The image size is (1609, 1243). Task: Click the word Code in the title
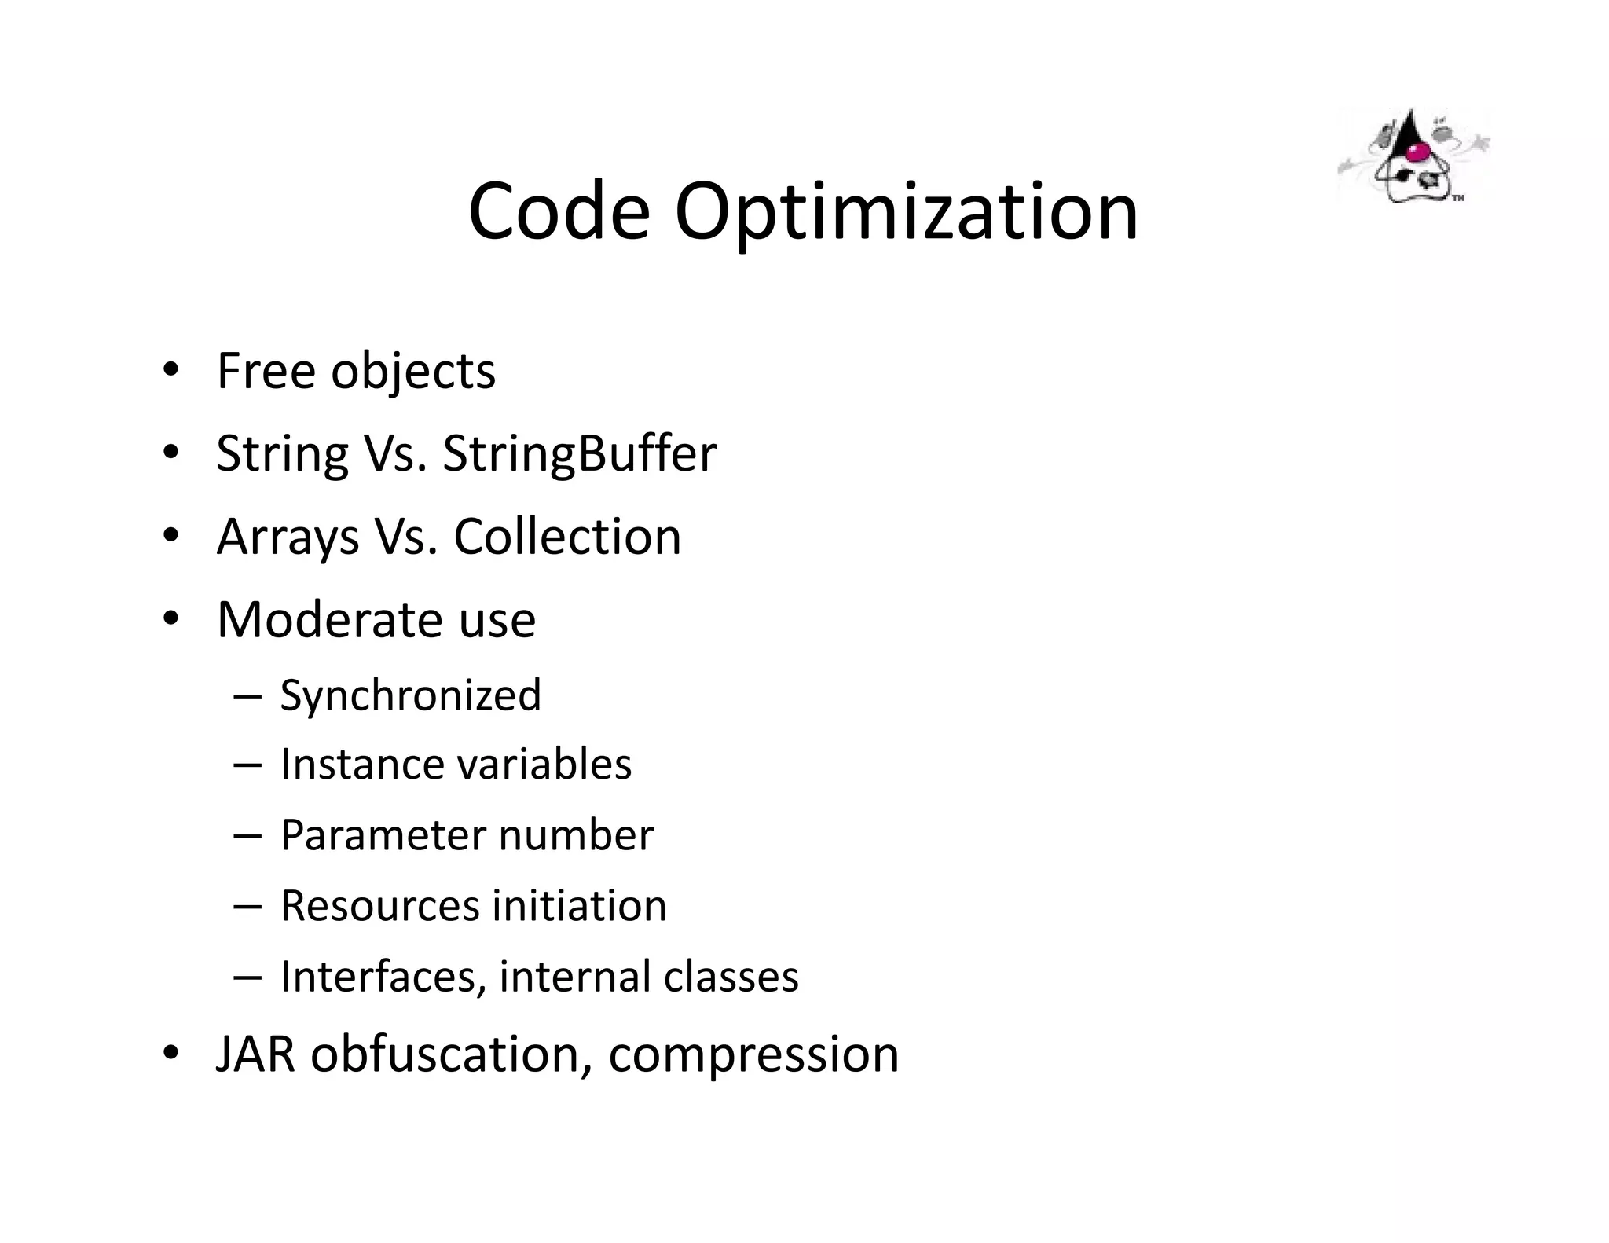559,211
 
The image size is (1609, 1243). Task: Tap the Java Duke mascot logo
1412,158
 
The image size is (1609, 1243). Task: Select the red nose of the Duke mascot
1416,151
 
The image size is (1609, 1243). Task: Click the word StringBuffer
579,453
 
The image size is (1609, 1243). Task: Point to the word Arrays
288,537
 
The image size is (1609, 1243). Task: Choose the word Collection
567,537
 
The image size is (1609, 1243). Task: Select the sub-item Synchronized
410,695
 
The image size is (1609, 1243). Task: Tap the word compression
753,1055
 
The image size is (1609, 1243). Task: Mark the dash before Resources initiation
247,905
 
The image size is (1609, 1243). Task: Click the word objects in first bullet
412,372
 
